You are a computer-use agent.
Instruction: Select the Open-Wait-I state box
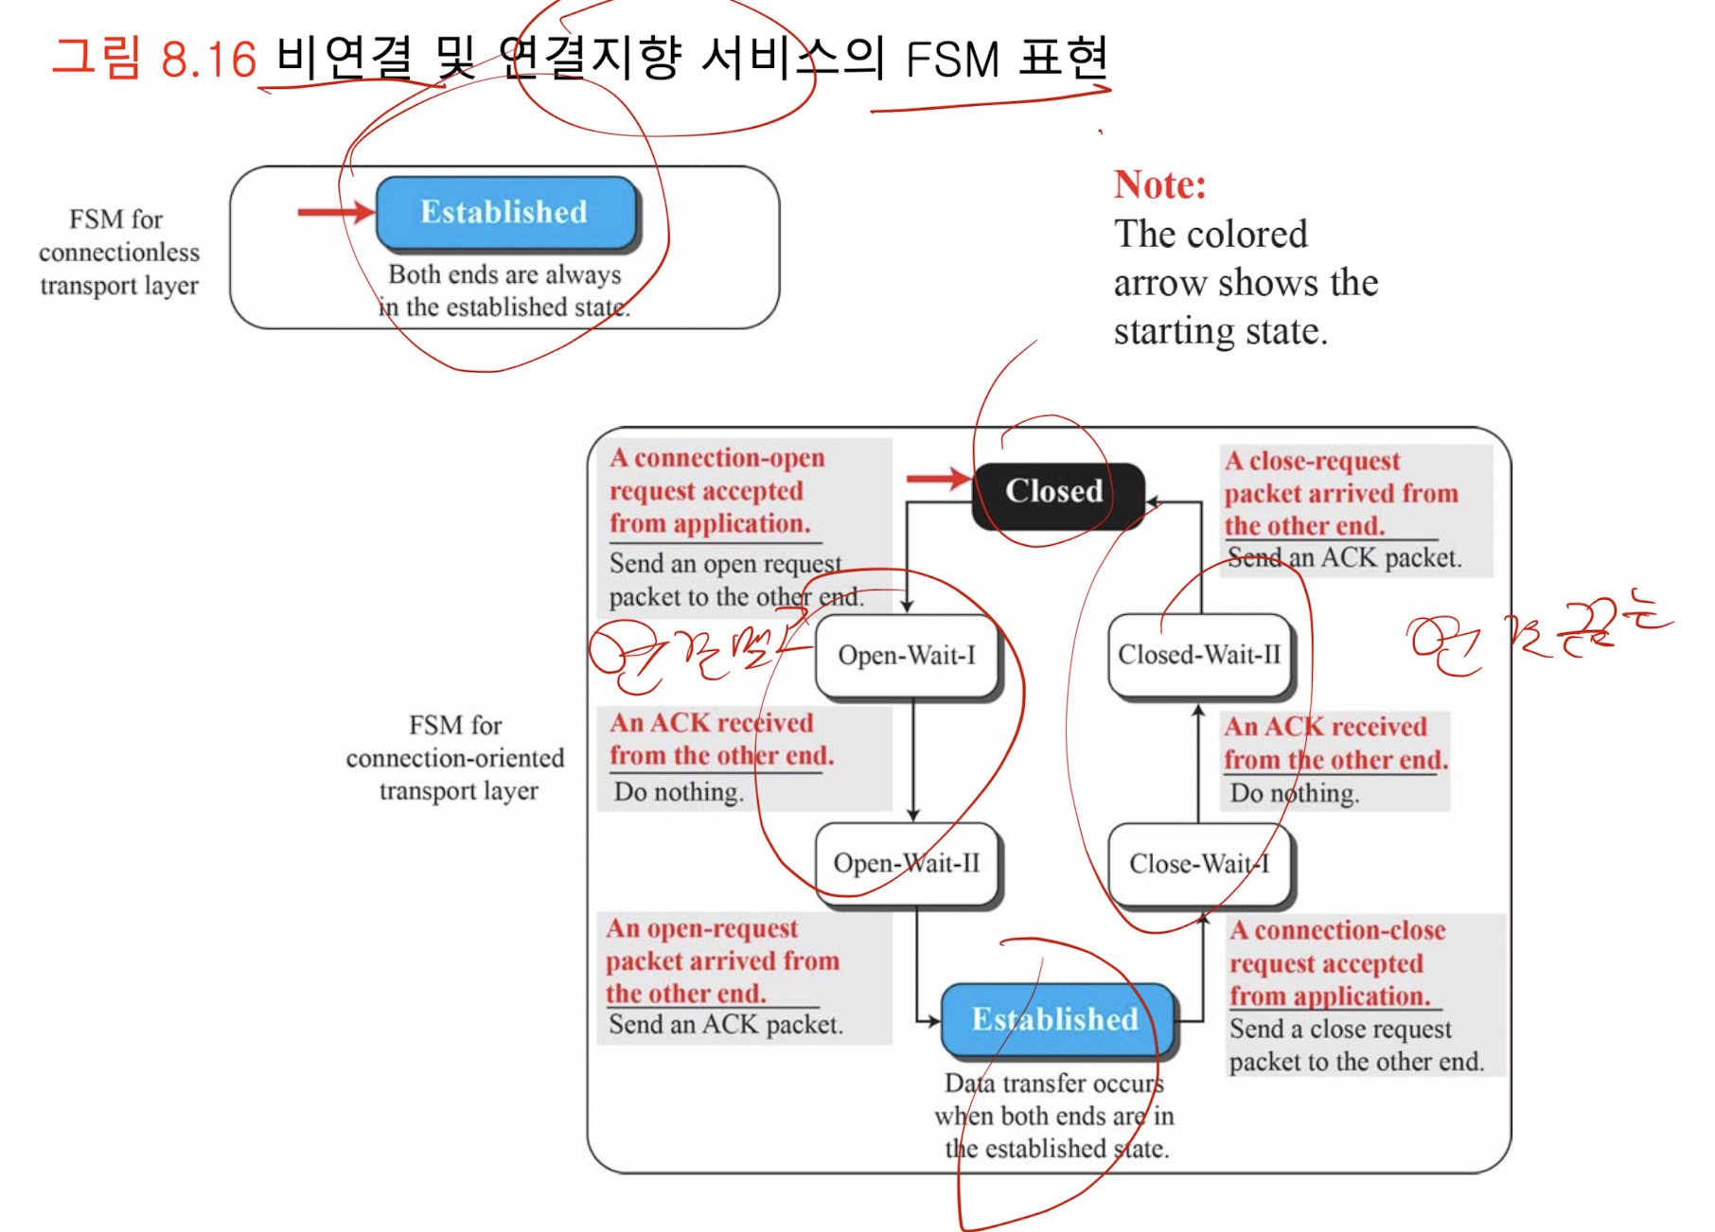point(907,656)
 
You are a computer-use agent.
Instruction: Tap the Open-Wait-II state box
point(907,863)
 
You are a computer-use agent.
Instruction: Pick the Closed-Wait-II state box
point(1199,655)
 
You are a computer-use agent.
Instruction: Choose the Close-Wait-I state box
point(1199,864)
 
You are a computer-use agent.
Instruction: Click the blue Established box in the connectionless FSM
point(505,212)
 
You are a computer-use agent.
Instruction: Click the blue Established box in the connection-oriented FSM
point(1056,1019)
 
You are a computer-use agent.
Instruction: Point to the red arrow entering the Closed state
point(937,479)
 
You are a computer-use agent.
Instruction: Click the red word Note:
point(1159,185)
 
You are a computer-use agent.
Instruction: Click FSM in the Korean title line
point(951,61)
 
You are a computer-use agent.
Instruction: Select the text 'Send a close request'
point(1339,1030)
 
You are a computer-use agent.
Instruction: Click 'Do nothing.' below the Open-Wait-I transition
point(678,792)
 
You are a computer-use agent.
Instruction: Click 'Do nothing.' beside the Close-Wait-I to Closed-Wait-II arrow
point(1294,793)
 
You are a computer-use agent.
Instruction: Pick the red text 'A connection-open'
point(716,458)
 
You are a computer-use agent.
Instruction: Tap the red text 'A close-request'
point(1312,461)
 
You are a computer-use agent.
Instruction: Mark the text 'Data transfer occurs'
point(1053,1083)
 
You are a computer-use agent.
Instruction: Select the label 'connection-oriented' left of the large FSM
point(455,758)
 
